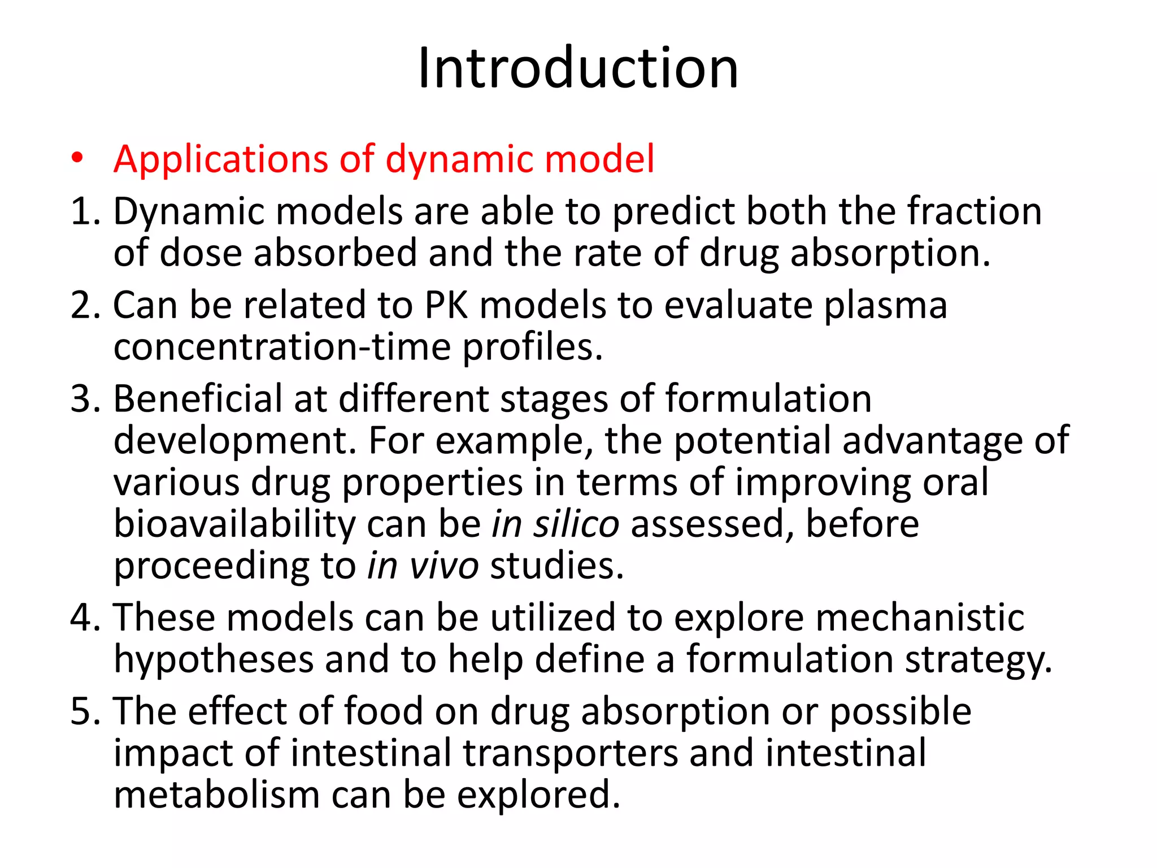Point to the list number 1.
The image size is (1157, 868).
85,211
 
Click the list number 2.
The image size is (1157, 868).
85,305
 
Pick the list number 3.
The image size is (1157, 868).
85,399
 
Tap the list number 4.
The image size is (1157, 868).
85,617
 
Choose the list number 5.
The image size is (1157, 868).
85,711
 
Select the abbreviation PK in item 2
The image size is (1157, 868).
446,305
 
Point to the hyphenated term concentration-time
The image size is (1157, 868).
282,347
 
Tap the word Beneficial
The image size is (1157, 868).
198,399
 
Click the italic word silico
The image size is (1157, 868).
576,524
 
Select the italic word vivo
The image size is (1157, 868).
444,566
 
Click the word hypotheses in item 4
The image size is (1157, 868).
214,660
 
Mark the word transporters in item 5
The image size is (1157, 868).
570,754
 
